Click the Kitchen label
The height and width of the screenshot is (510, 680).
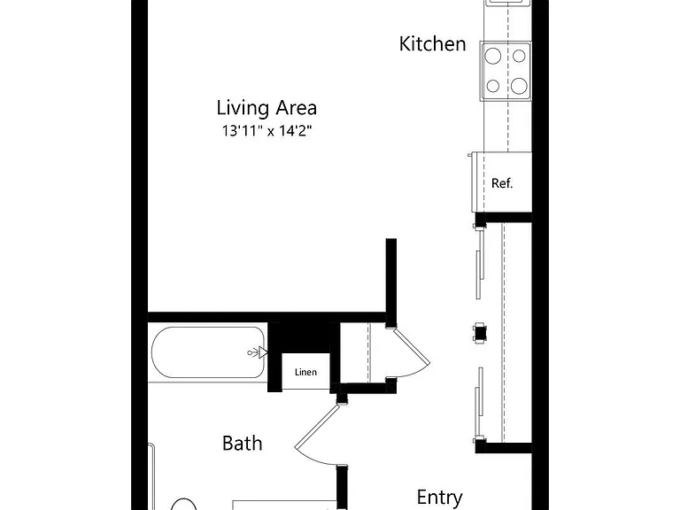click(432, 43)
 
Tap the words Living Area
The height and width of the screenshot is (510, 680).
click(267, 107)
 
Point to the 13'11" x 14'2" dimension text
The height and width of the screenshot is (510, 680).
click(267, 130)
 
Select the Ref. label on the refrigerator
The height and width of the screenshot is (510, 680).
click(502, 183)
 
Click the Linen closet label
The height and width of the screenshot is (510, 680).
click(305, 372)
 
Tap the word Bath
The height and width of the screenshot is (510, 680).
click(242, 444)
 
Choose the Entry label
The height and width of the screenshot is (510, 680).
click(439, 498)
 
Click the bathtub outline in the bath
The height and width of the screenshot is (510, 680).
click(152, 352)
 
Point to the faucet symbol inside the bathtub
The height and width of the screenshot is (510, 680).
click(258, 352)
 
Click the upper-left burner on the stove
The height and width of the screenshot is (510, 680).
click(493, 56)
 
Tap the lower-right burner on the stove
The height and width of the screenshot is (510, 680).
click(519, 86)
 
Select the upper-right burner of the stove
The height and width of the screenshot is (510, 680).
click(519, 56)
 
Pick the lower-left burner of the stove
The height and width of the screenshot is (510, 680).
click(493, 86)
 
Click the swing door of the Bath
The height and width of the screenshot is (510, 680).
click(316, 426)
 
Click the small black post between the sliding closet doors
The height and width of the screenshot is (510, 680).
click(480, 333)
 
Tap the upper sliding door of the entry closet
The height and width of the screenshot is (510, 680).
click(479, 264)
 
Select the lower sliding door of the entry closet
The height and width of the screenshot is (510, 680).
click(479, 401)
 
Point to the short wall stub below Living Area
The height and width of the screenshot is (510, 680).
click(391, 282)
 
